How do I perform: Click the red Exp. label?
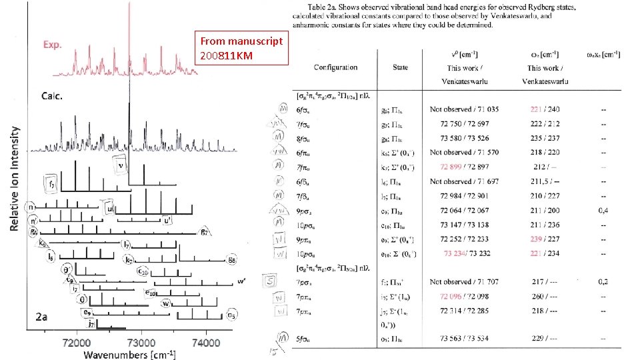tap(53, 45)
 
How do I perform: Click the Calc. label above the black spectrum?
tap(53, 96)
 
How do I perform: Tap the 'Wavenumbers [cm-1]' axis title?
tap(129, 354)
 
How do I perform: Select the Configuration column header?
tap(335, 67)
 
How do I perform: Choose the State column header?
tap(400, 67)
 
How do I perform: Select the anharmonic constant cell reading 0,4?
tap(603, 210)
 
